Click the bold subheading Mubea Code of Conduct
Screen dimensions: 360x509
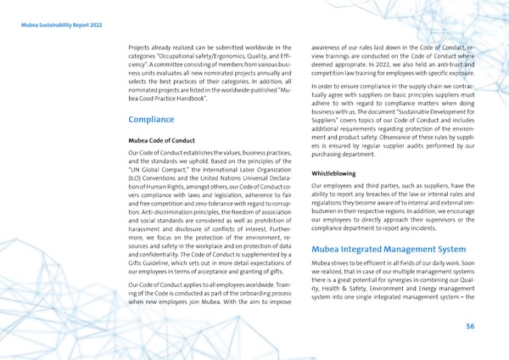click(162, 139)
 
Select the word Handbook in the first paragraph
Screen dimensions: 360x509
click(186, 99)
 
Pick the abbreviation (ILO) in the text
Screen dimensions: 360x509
click(136, 188)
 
